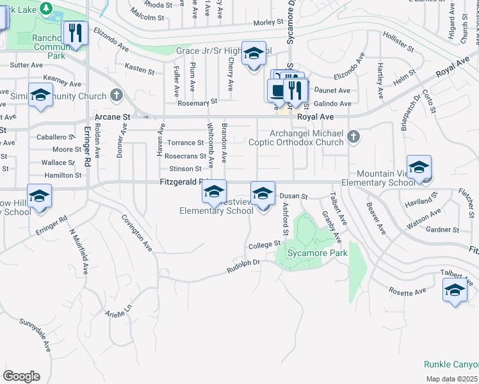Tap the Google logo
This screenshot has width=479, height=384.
(x=21, y=376)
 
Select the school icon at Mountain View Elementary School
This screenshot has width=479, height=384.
(x=419, y=168)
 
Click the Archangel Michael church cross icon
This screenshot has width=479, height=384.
(x=352, y=136)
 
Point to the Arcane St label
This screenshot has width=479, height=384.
(x=112, y=118)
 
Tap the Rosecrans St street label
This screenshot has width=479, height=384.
(x=185, y=156)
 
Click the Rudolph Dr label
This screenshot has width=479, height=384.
(x=243, y=266)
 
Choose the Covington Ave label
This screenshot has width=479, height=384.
(x=138, y=231)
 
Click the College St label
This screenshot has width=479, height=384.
(x=265, y=244)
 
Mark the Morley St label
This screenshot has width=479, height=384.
(x=268, y=22)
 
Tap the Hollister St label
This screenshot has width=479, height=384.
(x=397, y=42)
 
